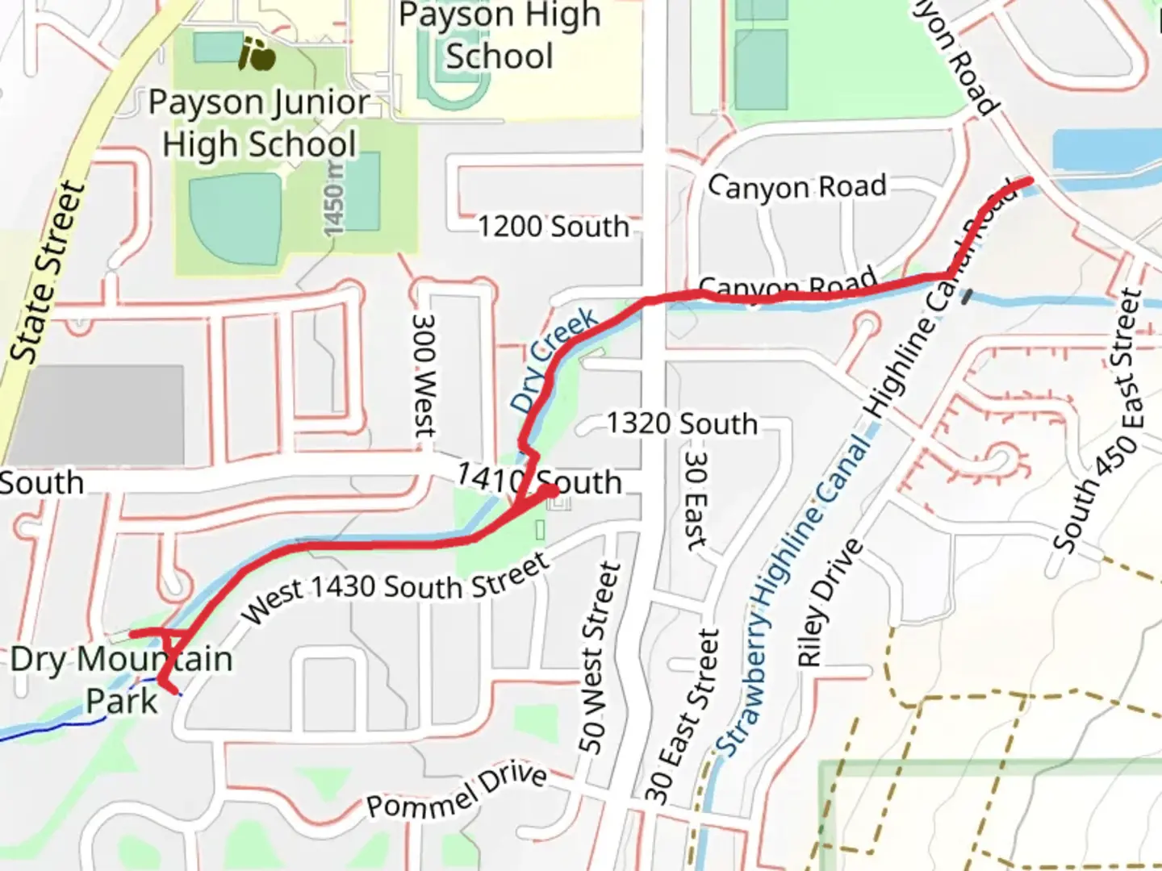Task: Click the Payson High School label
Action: (x=499, y=36)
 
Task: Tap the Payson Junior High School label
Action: (x=259, y=123)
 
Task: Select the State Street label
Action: (x=48, y=272)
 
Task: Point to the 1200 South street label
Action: (x=554, y=227)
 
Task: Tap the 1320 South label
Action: (x=682, y=423)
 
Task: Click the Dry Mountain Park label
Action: (x=121, y=680)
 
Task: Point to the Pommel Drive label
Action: (x=457, y=791)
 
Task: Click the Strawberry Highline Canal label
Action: (x=795, y=597)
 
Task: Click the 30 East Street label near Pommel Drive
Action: (x=682, y=716)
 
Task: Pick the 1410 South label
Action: (x=539, y=481)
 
